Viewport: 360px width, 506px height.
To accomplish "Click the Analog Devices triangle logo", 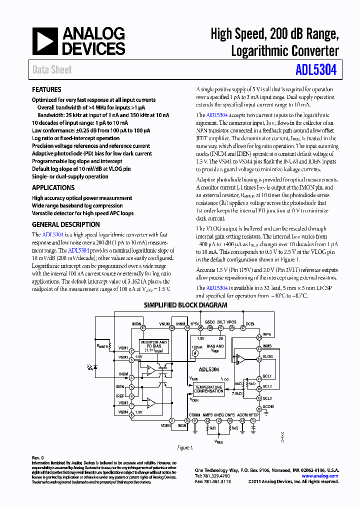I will point(45,41).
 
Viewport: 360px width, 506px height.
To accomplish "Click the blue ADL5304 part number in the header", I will point(319,69).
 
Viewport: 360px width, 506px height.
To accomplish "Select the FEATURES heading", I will point(46,90).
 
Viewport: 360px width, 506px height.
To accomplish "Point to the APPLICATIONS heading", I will point(53,187).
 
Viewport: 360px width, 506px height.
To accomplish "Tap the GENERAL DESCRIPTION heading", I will point(66,224).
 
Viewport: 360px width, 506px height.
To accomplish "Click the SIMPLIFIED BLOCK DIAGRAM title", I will point(185,305).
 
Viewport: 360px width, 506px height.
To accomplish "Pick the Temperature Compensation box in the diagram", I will point(209,389).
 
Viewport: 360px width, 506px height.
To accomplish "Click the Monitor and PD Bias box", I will point(153,346).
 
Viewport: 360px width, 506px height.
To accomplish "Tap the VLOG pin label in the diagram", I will point(267,356).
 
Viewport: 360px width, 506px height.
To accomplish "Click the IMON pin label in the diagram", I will point(136,323).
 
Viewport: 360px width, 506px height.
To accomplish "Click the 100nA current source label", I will point(196,346).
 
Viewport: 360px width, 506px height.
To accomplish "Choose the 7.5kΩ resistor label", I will point(237,393).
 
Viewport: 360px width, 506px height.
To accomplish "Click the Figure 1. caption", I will point(185,447).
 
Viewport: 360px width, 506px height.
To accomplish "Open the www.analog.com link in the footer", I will point(323,476).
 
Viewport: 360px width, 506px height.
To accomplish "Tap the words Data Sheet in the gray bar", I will point(52,70).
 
